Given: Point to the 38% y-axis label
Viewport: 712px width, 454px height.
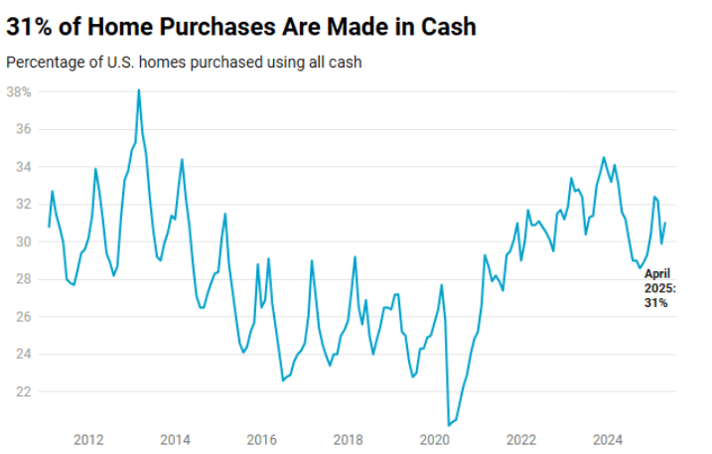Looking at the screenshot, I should coord(20,91).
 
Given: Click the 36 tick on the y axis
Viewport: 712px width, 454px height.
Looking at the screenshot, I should coord(24,129).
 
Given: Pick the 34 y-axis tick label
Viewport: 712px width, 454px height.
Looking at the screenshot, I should coord(24,167).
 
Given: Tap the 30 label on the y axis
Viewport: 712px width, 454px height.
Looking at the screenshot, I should coord(24,241).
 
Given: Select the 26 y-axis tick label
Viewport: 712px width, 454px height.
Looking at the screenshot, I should coord(24,316).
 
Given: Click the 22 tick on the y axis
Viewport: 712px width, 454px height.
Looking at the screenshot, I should coord(24,391).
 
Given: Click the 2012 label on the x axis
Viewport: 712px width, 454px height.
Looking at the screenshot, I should coord(89,439).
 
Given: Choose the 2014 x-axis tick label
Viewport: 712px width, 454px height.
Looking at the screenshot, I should coord(176,439).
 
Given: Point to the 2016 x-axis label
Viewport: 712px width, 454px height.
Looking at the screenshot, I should coord(261,439).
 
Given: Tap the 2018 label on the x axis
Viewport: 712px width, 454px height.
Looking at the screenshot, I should coord(348,439).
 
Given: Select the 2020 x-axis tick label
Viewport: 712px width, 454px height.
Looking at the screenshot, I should coord(435,439).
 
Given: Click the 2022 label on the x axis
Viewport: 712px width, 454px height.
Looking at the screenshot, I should coord(521,439).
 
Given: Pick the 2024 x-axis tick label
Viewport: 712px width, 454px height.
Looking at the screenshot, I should coord(608,439).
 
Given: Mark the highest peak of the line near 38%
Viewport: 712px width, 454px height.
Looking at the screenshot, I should coord(138,90).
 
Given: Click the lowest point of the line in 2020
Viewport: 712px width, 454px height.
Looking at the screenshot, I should coord(449,424).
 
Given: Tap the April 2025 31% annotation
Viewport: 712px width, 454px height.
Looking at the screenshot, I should coord(659,287).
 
